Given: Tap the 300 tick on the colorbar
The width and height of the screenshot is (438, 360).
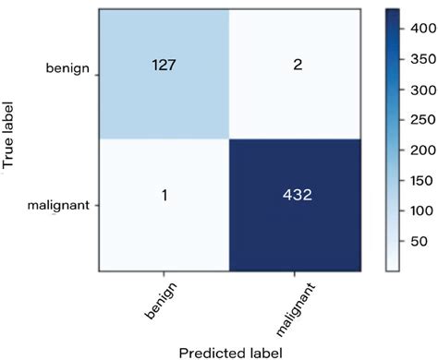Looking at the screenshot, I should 421,90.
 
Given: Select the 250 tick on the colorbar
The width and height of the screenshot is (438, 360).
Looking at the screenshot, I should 421,120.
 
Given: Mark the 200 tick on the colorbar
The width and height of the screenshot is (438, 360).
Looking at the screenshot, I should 421,150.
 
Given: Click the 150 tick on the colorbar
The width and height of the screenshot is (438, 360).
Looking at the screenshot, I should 421,179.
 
